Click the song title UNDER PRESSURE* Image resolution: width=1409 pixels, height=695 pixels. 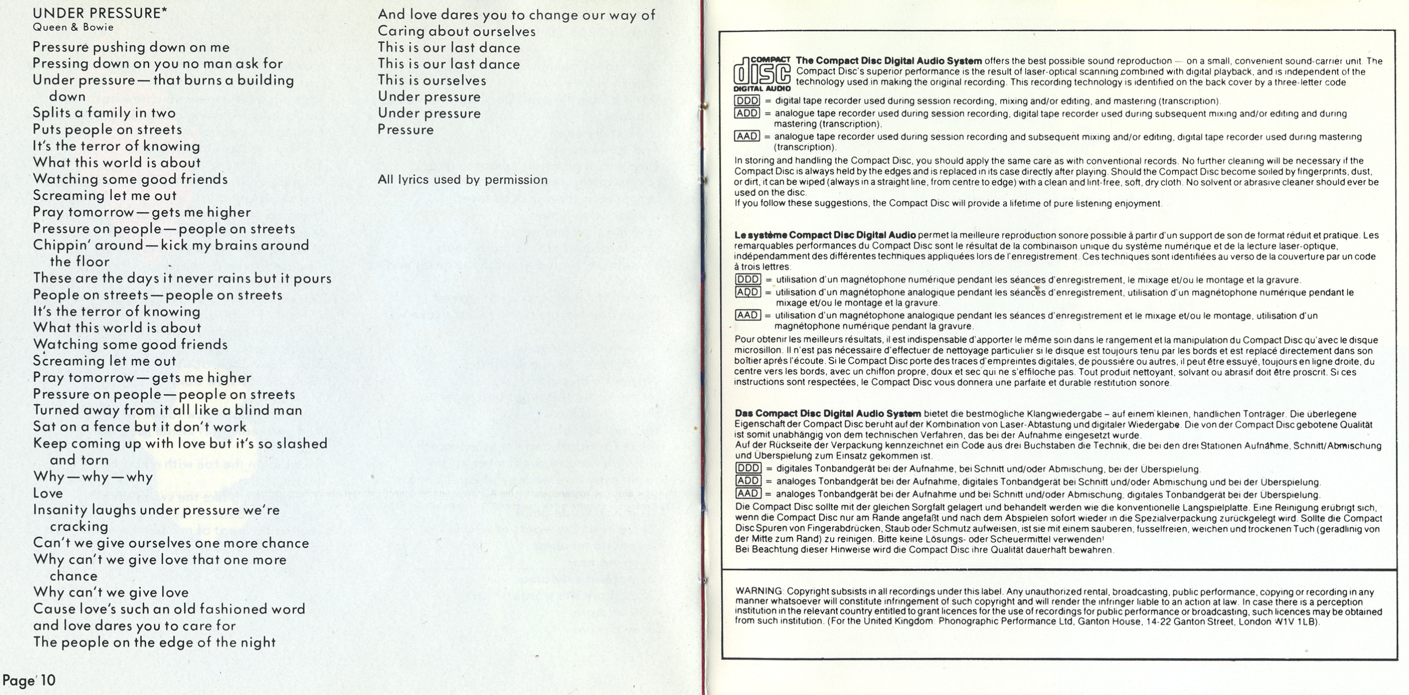pos(99,12)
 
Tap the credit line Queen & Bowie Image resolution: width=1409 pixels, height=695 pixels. pos(73,27)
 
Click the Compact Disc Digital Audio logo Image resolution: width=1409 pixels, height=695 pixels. pos(761,74)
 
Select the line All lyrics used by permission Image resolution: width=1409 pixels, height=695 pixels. pos(462,179)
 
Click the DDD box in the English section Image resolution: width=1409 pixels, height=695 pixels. pos(747,100)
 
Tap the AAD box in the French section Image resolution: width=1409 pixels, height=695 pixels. pos(748,315)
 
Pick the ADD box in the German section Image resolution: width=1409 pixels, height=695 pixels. pos(748,481)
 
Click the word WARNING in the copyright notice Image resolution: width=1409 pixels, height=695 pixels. pos(759,591)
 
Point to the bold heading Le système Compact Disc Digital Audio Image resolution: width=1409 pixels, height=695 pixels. pos(825,235)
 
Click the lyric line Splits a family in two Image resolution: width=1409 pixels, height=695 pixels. pos(104,112)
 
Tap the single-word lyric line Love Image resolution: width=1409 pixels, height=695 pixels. pos(47,493)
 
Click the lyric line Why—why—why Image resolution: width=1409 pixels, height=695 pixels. pos(92,476)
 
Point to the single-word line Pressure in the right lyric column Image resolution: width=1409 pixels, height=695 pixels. pos(405,129)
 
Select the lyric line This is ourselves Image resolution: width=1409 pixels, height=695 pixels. pos(431,80)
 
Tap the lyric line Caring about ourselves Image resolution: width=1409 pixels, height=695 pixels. pos(456,31)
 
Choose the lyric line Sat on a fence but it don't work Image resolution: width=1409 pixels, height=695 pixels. pos(139,427)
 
